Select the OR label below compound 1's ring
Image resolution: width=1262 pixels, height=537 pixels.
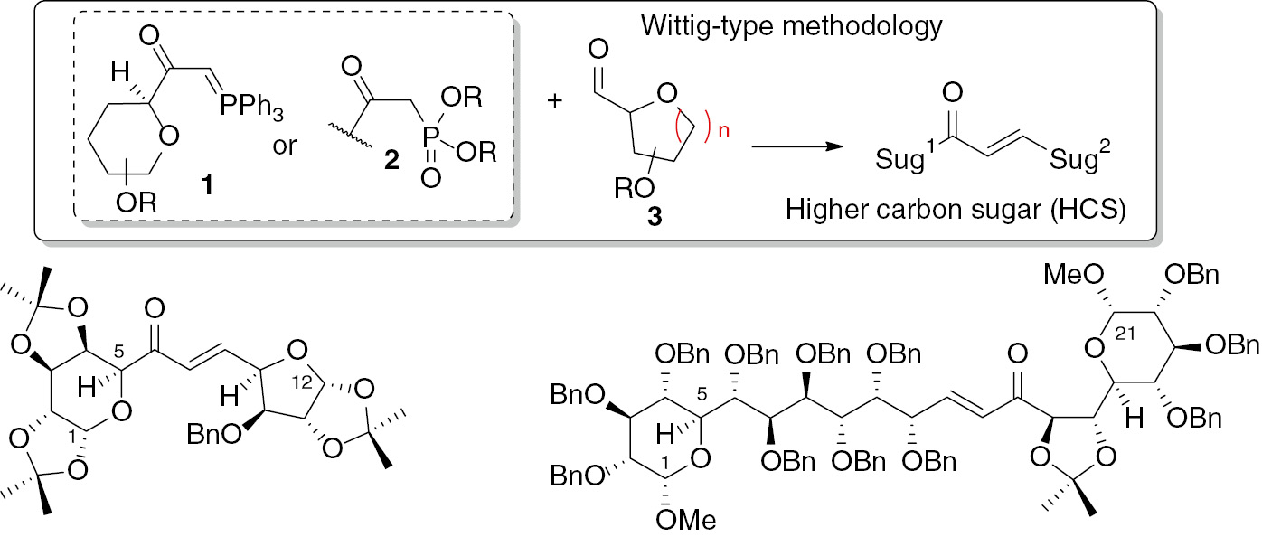click(x=137, y=203)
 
